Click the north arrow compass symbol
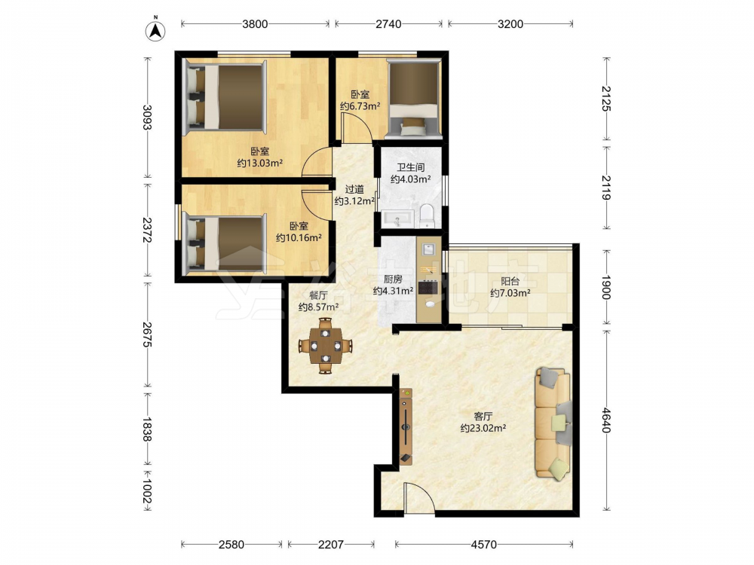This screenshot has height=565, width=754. [155, 29]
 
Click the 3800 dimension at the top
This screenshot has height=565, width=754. [254, 23]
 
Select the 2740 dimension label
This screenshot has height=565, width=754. [388, 23]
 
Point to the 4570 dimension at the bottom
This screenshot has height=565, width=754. [484, 545]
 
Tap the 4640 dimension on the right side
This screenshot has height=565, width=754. [606, 420]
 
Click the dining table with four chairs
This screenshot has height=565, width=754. [325, 346]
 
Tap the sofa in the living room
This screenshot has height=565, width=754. [553, 423]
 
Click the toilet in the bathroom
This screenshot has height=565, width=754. [427, 216]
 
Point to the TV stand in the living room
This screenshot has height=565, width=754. [406, 426]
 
